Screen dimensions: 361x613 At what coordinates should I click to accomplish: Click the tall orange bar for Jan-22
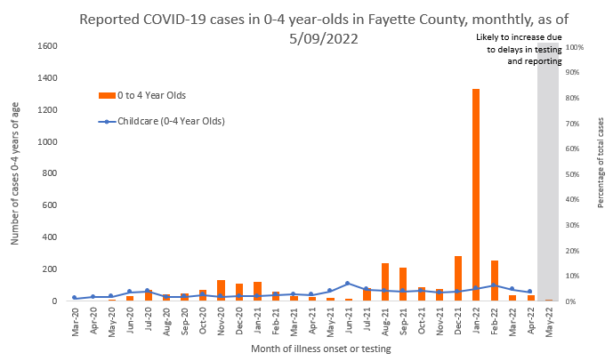(476, 196)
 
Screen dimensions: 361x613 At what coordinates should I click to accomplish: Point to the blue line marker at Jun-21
(348, 284)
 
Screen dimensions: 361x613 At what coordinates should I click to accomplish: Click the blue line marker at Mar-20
(75, 298)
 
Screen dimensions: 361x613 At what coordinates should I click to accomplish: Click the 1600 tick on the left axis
(47, 46)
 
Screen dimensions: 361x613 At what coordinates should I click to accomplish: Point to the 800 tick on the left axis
(50, 173)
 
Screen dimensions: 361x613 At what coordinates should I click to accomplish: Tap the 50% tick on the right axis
(575, 174)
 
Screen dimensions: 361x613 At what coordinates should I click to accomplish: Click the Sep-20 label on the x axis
(185, 318)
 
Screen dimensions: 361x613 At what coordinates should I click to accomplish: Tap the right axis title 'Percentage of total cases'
(601, 174)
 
